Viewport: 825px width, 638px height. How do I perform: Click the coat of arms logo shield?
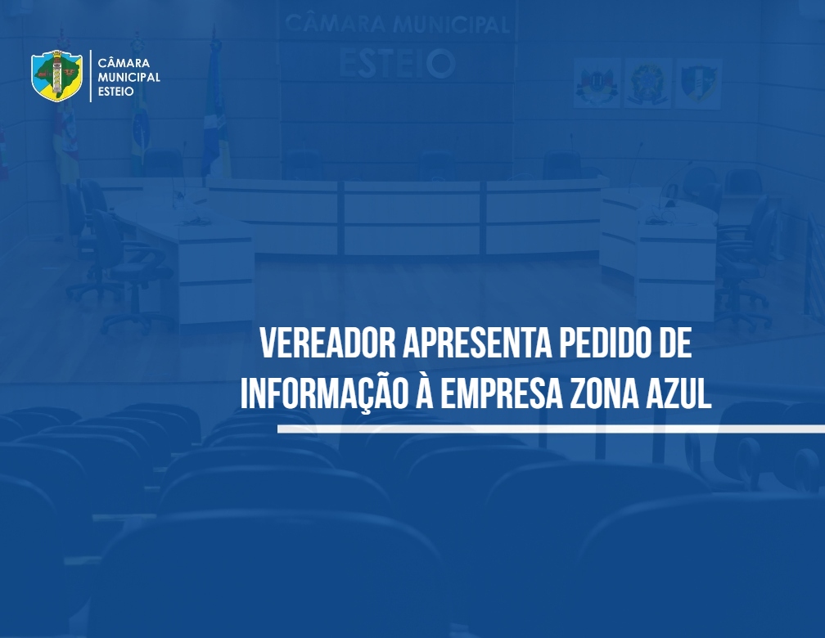[56, 76]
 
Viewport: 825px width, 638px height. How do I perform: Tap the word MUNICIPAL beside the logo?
[129, 78]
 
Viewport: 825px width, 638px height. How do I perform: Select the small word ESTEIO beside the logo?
[115, 92]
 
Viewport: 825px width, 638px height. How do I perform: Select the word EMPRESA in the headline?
[501, 393]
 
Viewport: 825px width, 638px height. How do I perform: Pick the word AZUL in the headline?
[678, 393]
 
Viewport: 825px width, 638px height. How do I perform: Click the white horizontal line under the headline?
[551, 429]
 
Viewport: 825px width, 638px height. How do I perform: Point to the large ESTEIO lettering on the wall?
[397, 63]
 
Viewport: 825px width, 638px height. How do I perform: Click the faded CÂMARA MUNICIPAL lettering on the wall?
[397, 25]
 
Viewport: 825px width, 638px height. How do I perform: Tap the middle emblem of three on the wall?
[647, 83]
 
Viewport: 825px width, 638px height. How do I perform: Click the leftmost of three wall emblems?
[597, 83]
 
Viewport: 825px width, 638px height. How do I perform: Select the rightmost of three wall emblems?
[698, 83]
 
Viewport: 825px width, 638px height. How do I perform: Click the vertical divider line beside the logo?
[91, 76]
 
